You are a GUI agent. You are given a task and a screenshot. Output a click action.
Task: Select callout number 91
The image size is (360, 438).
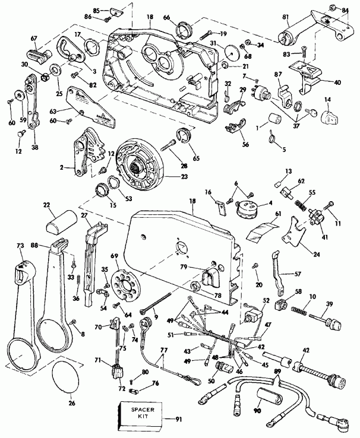(178, 420)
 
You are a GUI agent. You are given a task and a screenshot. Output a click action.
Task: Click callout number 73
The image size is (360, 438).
(20, 245)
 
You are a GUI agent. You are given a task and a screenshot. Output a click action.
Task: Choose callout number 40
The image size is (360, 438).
(337, 82)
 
